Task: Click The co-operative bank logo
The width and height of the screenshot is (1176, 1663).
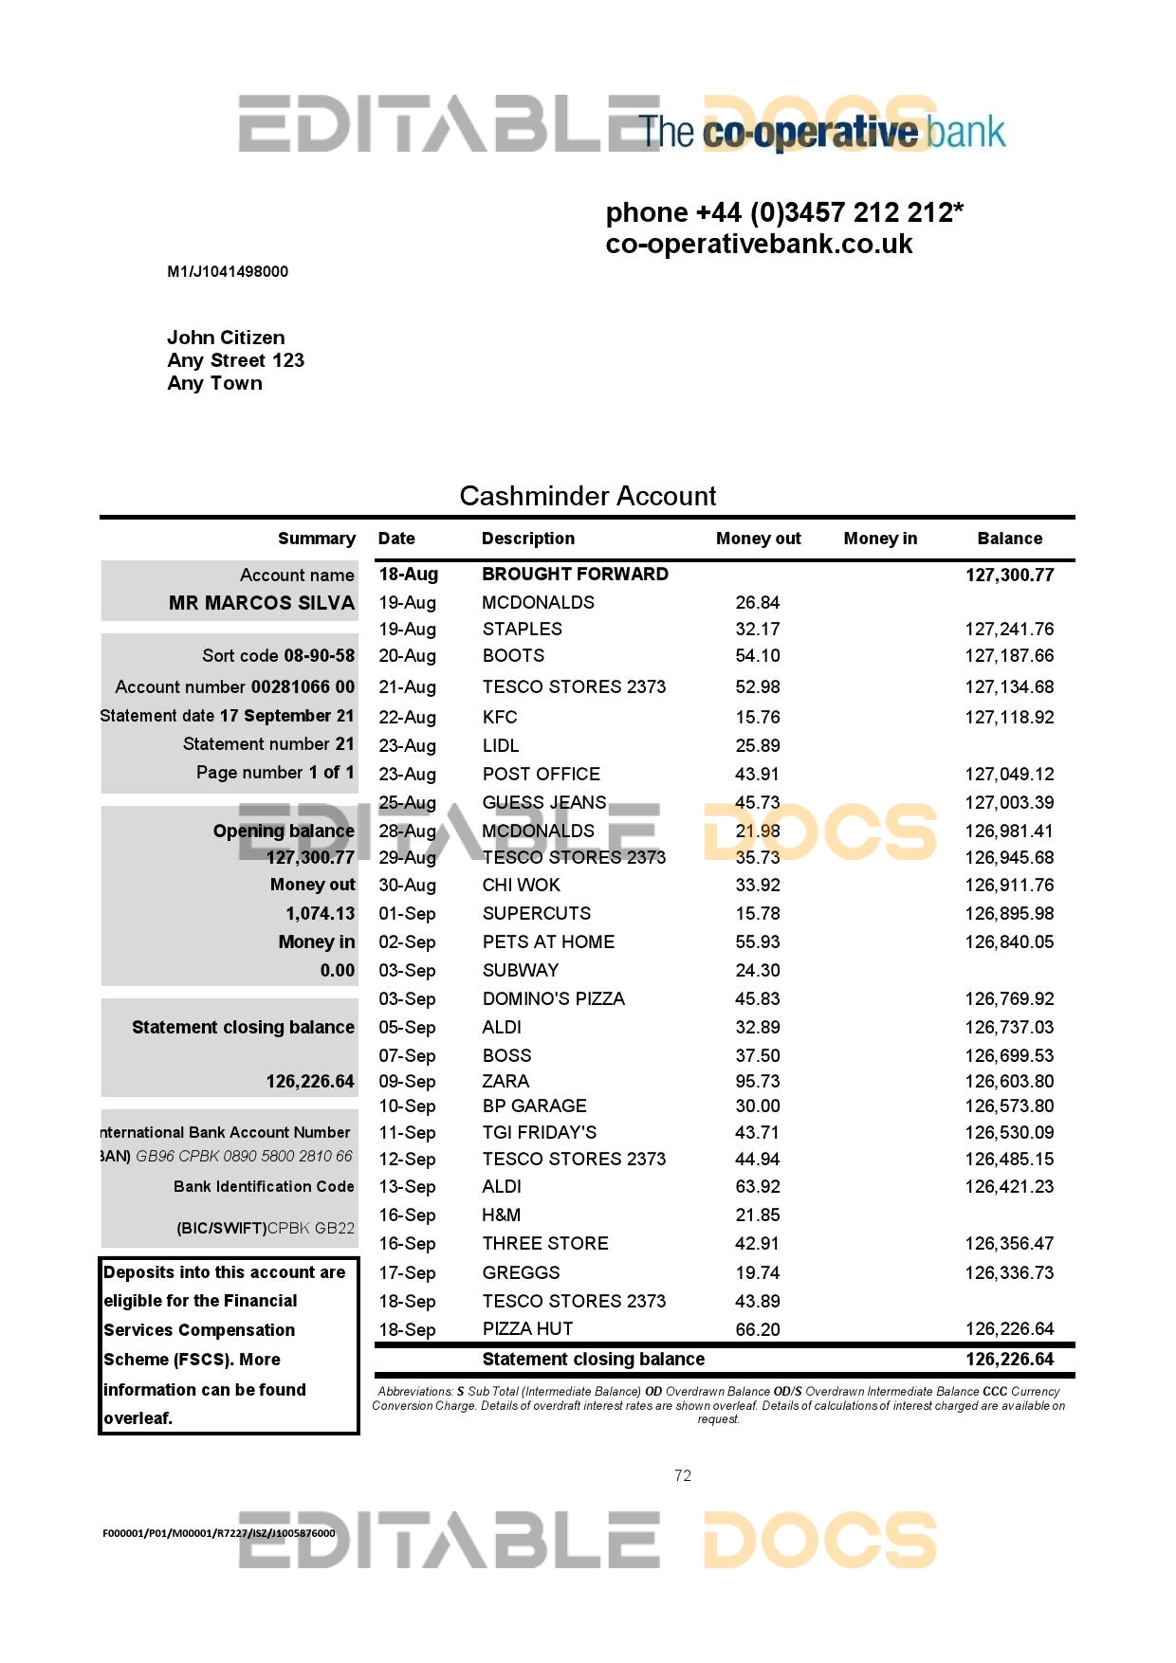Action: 822,132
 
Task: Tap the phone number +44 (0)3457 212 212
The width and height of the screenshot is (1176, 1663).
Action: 784,212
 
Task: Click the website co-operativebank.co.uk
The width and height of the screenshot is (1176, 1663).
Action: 759,245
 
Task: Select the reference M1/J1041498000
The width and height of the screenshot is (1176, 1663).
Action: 228,272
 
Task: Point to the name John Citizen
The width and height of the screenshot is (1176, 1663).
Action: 226,338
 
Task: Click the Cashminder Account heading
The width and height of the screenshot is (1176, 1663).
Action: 588,496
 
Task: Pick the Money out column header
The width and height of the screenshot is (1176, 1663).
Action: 758,539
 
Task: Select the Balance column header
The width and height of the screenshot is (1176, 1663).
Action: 1009,539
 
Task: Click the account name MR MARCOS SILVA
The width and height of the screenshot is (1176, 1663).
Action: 262,603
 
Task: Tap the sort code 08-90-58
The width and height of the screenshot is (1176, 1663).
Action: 320,655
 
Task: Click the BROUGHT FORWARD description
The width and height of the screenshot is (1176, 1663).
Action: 575,574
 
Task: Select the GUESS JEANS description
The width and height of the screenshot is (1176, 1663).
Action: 543,802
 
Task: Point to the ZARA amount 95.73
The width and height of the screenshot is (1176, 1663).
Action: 757,1081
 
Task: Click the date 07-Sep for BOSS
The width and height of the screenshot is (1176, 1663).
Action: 407,1055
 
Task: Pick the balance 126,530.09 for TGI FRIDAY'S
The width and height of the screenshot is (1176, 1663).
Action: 1009,1132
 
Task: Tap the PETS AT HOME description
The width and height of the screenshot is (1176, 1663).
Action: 548,941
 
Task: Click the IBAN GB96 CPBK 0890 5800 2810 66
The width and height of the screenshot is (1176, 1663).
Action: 244,1156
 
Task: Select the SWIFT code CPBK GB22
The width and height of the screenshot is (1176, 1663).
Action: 311,1228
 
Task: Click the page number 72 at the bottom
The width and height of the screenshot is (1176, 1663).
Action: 683,1475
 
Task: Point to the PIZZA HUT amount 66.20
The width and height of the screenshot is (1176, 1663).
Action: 757,1329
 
